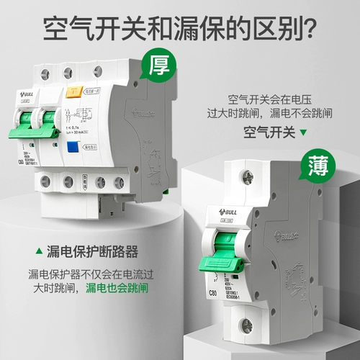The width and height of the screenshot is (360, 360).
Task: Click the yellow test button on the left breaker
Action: click(x=72, y=92)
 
